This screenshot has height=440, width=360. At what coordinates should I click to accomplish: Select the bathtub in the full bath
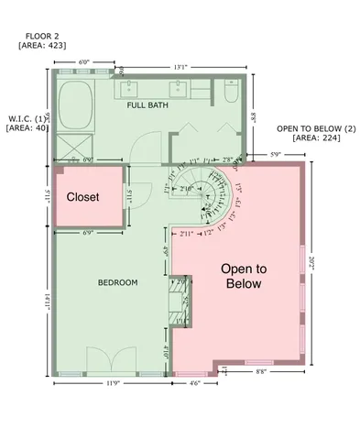[x=74, y=104]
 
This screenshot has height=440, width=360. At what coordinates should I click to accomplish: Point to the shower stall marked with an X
[x=71, y=147]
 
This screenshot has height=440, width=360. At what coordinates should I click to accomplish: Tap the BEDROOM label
[x=117, y=282]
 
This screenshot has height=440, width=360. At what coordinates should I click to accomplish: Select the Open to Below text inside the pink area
[x=245, y=276]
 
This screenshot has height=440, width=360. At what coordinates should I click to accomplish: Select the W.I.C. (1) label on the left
[x=27, y=118]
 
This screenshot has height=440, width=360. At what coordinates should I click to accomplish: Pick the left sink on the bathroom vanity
[x=130, y=90]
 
